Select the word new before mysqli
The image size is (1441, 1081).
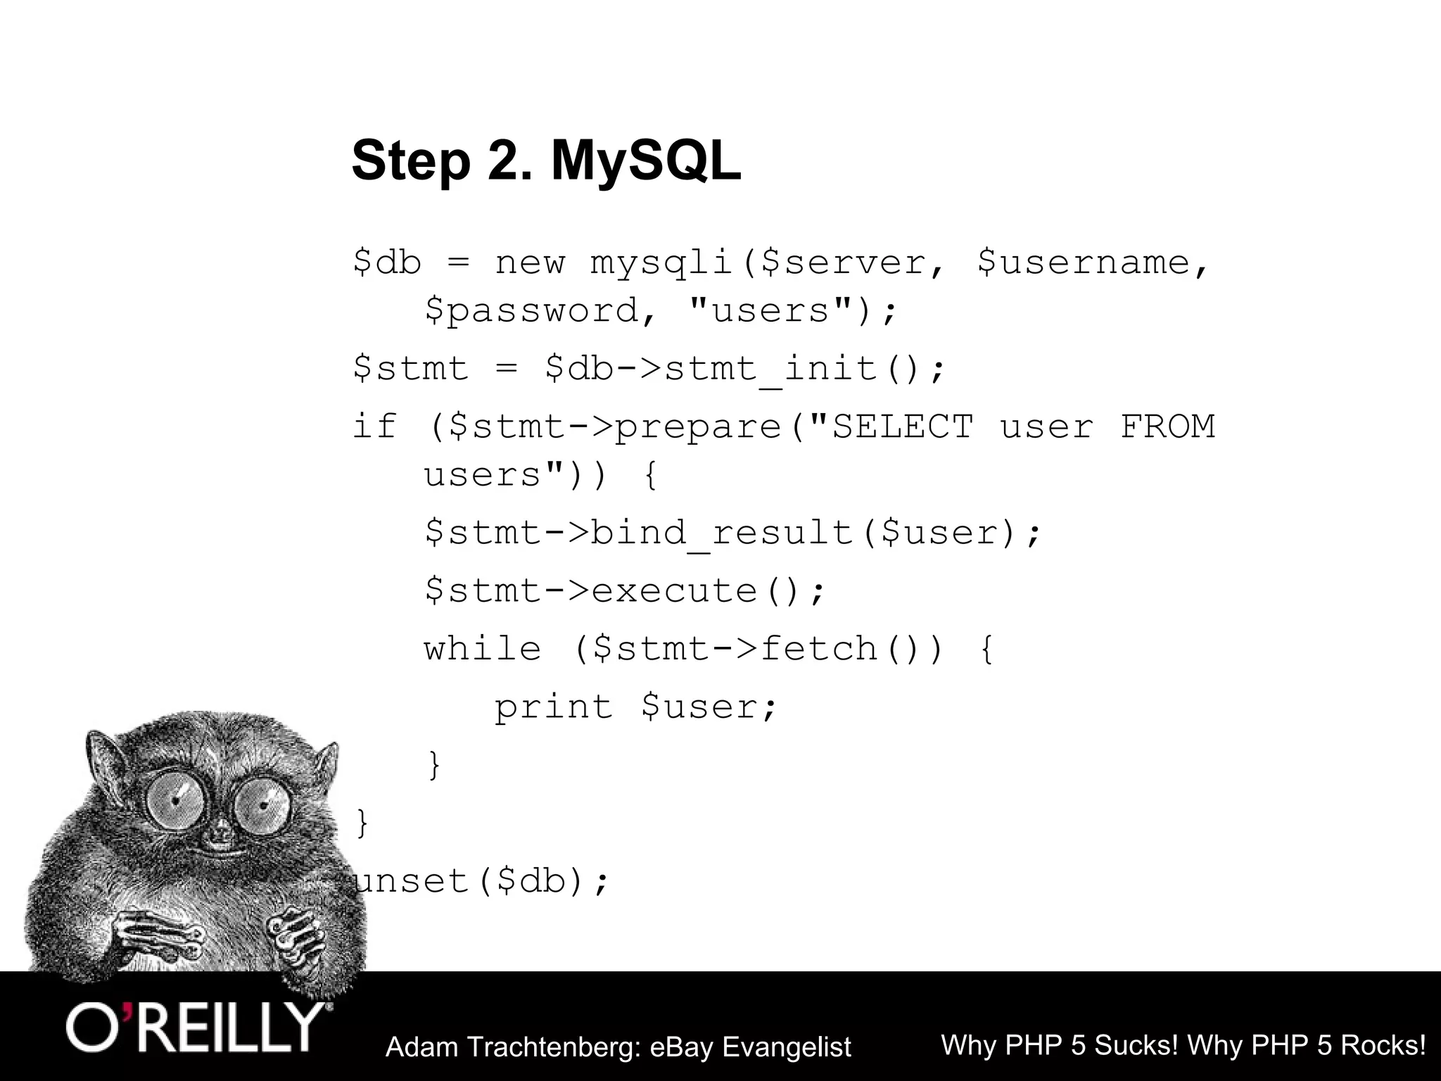(530, 263)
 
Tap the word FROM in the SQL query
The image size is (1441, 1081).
(1167, 426)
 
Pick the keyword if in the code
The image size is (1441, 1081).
(375, 426)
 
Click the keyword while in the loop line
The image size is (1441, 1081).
(483, 648)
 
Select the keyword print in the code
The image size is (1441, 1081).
(554, 707)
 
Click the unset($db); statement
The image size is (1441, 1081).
(481, 881)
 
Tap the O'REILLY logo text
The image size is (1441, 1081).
(198, 1028)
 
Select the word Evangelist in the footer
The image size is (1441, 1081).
(787, 1047)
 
